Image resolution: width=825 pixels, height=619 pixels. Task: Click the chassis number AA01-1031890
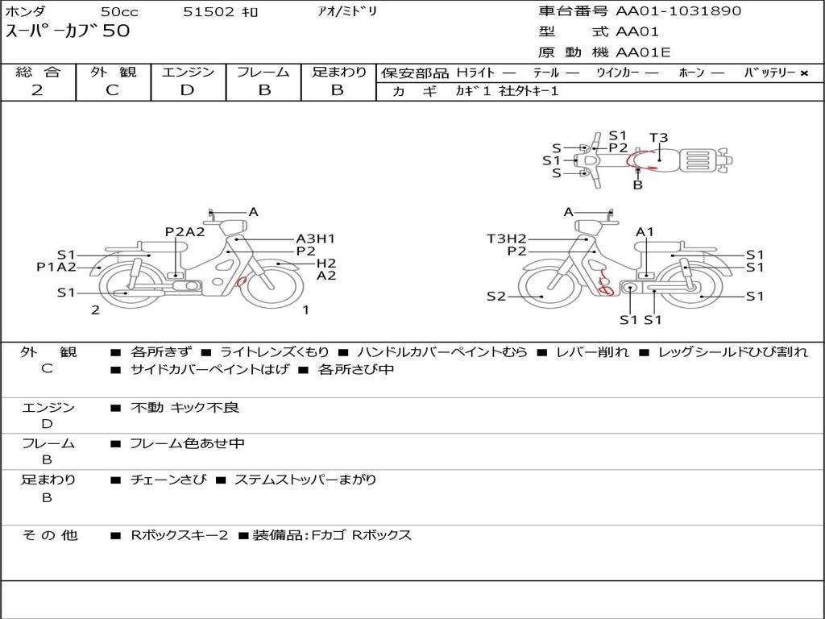678,11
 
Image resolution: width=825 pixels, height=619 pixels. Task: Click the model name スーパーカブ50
68,31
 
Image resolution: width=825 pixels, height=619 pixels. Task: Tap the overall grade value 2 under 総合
37,90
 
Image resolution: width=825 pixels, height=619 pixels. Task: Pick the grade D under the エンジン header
187,90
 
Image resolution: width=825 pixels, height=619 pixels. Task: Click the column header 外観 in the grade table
113,72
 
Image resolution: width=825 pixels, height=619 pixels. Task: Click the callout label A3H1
315,239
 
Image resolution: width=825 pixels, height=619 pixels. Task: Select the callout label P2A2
184,231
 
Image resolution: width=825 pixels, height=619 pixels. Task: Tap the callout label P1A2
56,268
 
